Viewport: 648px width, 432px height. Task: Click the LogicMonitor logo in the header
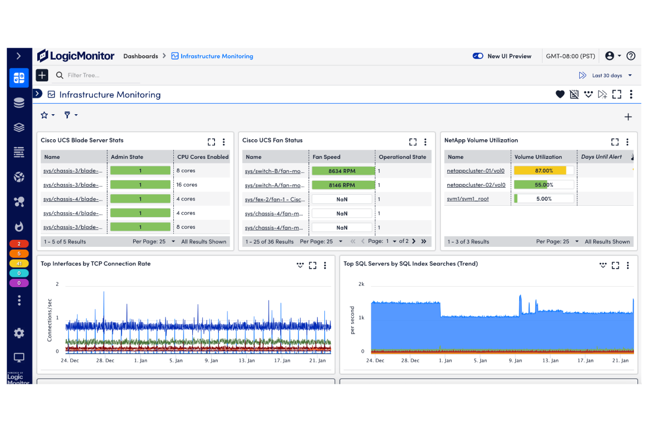[76, 56]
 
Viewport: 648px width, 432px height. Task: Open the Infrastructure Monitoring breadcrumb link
[216, 56]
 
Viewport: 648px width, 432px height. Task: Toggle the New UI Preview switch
[478, 56]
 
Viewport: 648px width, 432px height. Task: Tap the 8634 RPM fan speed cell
[342, 171]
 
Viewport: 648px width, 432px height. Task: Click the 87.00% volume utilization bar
[544, 171]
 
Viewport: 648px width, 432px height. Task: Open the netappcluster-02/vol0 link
[476, 185]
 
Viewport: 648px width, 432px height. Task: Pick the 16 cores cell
[187, 185]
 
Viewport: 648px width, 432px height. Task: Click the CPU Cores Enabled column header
[203, 157]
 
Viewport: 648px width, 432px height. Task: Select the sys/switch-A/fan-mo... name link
[275, 186]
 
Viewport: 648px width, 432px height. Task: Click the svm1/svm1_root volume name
[468, 199]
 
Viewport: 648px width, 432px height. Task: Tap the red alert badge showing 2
[19, 244]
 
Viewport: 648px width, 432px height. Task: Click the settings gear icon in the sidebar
[19, 334]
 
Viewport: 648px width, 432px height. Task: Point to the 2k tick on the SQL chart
[361, 284]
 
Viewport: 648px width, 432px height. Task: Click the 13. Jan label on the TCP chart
[247, 361]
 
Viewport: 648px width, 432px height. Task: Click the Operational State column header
[402, 157]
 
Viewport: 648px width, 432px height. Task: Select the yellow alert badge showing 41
[19, 263]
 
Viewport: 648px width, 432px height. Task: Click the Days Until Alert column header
[601, 157]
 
